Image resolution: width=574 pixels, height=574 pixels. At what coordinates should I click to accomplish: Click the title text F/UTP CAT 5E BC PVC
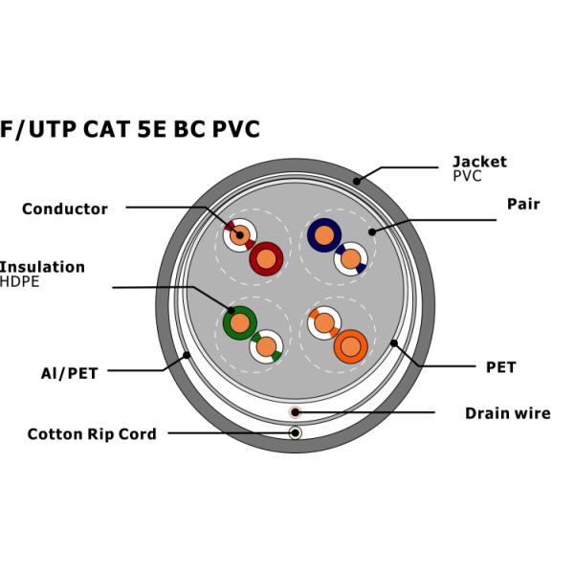point(130,129)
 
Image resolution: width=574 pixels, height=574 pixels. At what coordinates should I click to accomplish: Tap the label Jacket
point(479,162)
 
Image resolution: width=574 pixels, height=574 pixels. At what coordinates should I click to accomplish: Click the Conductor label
point(65,209)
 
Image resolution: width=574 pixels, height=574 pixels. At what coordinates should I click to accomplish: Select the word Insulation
point(42,267)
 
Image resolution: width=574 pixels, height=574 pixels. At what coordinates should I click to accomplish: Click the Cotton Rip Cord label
point(91,434)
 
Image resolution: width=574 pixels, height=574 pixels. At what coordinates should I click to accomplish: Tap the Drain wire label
point(507,413)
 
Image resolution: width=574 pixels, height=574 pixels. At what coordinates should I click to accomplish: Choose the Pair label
point(523,204)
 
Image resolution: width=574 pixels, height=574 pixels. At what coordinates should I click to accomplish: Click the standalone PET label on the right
point(500,367)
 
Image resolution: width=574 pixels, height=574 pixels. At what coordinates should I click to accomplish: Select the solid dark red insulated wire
point(266,257)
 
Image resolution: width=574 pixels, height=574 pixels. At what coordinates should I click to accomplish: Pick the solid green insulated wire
point(239,322)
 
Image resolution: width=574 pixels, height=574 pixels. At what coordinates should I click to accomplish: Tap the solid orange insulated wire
point(350,345)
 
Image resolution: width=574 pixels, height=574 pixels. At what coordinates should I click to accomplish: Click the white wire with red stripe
point(240,233)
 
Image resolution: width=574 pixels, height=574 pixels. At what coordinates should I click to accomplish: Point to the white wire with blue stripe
point(350,258)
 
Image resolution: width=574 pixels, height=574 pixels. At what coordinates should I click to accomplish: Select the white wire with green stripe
point(266,345)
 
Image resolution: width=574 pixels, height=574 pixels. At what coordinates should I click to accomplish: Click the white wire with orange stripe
point(325,323)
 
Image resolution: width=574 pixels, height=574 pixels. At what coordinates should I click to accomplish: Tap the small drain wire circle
point(296,411)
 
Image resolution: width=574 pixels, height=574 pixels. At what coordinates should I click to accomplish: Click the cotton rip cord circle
point(296,433)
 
